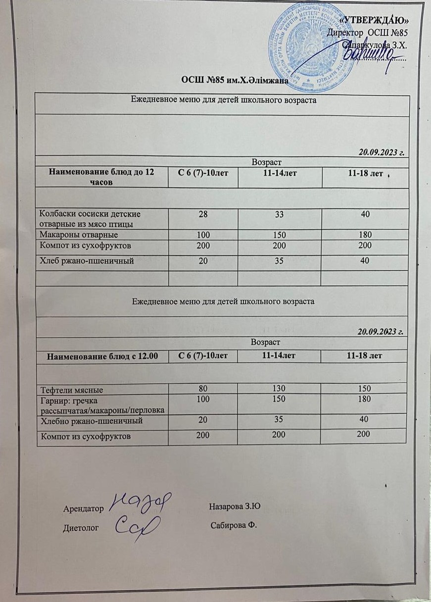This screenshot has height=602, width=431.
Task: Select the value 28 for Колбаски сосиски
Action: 203,214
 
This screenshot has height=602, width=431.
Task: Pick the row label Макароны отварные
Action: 79,235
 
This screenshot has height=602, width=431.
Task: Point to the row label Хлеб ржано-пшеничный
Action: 87,261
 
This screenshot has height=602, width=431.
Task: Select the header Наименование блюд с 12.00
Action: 102,355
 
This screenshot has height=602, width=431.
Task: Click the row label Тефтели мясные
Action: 71,389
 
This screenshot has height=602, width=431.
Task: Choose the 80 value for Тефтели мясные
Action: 203,389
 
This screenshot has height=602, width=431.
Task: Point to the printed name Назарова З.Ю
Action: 235,506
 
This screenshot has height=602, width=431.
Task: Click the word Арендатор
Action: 84,508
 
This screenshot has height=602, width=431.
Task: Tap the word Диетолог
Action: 81,528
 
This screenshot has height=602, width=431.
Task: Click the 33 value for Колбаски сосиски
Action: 280,214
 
